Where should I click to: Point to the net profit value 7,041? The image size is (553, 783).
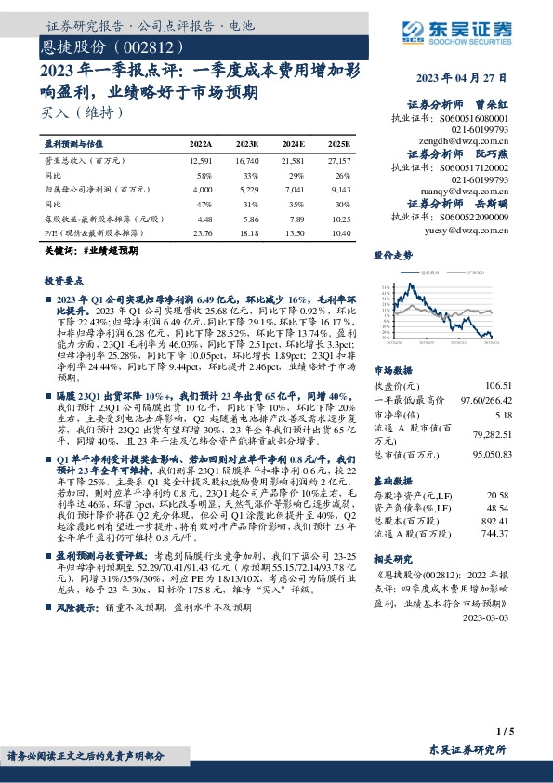click(x=294, y=189)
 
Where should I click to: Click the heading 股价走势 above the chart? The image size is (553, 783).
click(x=391, y=254)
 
